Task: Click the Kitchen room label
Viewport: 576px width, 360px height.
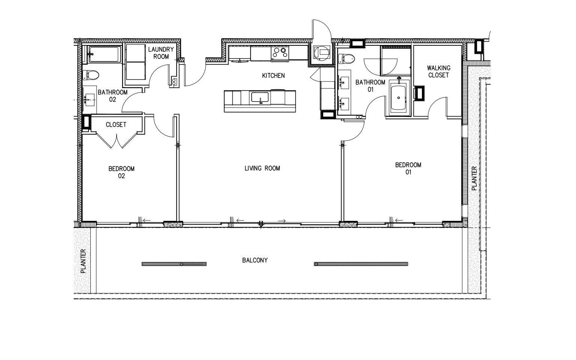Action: tap(273, 76)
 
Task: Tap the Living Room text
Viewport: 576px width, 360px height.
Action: tap(262, 168)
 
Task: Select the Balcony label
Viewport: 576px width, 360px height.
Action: tap(255, 260)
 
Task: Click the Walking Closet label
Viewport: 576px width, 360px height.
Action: tap(438, 71)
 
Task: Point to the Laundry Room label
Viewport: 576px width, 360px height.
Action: tap(161, 53)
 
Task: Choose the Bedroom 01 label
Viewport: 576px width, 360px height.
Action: tap(408, 168)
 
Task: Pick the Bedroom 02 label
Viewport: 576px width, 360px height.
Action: tap(121, 172)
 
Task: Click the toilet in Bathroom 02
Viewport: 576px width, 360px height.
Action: tap(90, 75)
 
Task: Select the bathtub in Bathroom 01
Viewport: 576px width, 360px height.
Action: tap(399, 97)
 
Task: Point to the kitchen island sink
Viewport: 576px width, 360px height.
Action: tap(259, 98)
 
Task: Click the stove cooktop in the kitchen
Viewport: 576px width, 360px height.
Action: tap(280, 53)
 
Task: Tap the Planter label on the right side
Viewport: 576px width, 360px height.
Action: tap(474, 178)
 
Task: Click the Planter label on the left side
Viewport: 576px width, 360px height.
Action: tap(83, 261)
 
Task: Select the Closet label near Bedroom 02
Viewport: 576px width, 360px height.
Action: tap(116, 125)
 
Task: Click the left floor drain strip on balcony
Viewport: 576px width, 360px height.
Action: tap(174, 264)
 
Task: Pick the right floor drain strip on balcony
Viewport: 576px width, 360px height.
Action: tap(361, 264)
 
